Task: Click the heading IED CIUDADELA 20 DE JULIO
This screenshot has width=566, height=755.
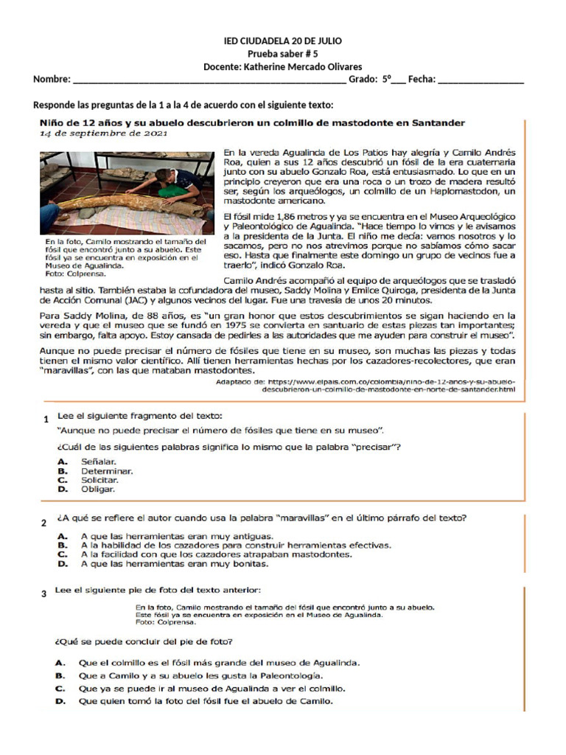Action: coord(282,41)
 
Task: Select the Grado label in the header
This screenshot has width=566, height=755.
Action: coord(363,80)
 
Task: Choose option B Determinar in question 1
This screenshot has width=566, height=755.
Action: coord(107,470)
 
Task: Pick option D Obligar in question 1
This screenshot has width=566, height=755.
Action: coord(98,488)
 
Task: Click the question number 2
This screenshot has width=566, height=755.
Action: coord(44,523)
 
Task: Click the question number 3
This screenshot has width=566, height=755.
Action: coord(44,594)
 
